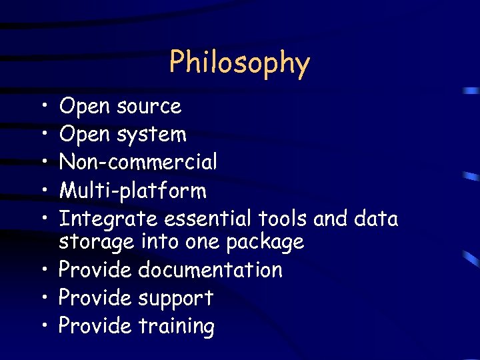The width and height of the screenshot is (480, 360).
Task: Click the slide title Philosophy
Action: [x=239, y=63]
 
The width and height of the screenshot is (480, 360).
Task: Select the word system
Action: [x=151, y=135]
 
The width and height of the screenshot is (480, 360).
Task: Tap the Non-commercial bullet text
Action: [x=138, y=162]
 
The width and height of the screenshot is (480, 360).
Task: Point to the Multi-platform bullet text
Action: [x=133, y=191]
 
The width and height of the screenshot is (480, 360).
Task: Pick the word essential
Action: [x=205, y=219]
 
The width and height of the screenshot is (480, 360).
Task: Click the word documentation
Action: [x=210, y=270]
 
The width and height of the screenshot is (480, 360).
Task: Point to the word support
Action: [x=175, y=299]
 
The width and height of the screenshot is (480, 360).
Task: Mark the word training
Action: [x=176, y=327]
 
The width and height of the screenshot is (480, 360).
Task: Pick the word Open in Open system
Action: [x=85, y=135]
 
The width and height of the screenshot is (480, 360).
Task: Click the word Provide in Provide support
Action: [x=95, y=298]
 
